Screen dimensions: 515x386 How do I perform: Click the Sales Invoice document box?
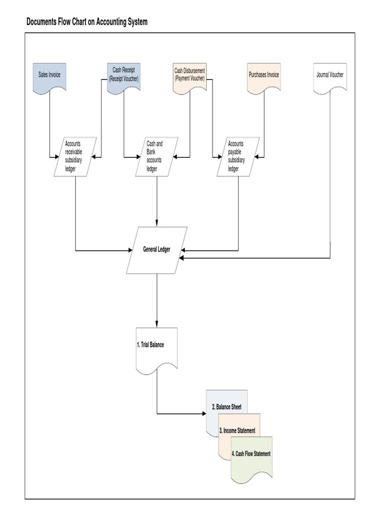coord(49,77)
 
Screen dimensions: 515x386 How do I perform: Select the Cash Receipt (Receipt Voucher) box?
coord(124,77)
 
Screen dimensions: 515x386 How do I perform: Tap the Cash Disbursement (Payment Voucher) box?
coord(189,77)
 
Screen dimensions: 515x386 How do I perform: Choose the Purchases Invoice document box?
coord(264,77)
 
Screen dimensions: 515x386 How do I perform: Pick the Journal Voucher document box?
coord(330,77)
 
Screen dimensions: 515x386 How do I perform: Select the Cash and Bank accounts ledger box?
coord(157,156)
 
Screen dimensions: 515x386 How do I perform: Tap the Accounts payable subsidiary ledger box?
coord(238,156)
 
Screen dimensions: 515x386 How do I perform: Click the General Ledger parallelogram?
coord(157,250)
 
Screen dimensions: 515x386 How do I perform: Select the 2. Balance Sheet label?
coord(227,407)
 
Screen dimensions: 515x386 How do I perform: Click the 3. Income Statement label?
coord(237,431)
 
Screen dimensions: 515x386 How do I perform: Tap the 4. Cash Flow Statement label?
coord(251,454)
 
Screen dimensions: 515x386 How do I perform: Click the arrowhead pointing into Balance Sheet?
coord(204,414)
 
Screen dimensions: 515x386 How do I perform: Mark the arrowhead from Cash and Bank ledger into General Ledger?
coord(157,223)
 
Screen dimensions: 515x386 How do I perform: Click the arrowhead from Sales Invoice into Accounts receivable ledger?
coord(56,156)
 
